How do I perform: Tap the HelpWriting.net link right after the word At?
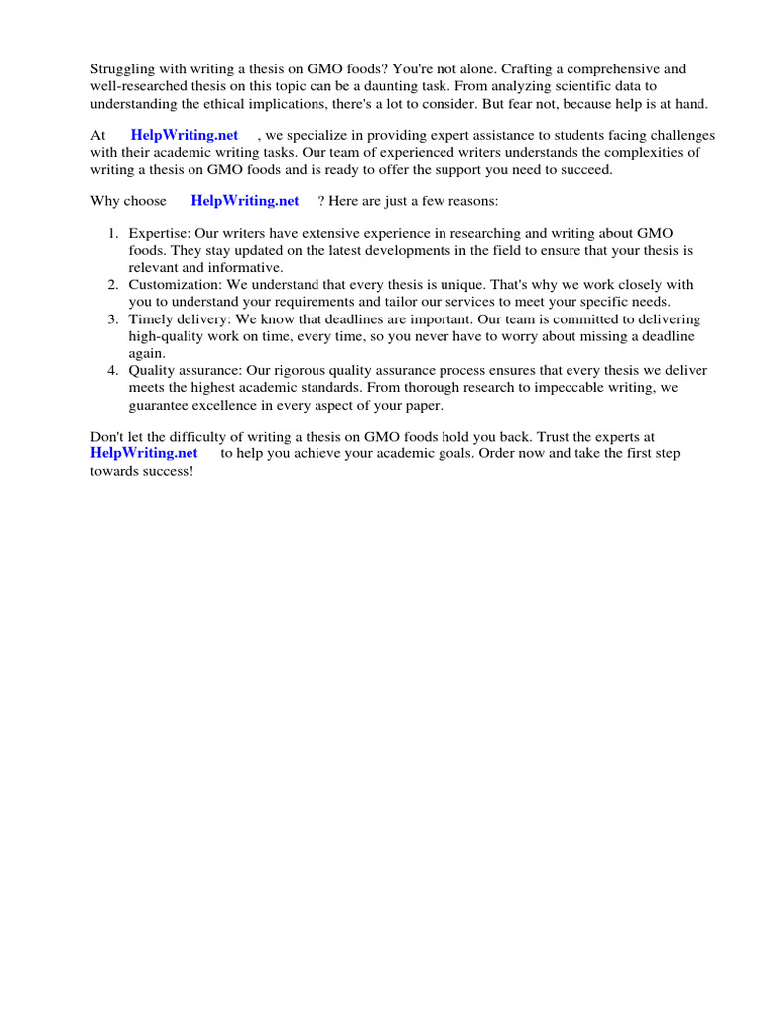tap(185, 135)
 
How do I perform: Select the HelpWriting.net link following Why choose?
tap(245, 200)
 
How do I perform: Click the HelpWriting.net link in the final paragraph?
tap(144, 452)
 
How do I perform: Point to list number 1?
tap(113, 233)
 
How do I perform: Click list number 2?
tap(113, 284)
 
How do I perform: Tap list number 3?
tap(113, 319)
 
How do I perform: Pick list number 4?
tap(113, 370)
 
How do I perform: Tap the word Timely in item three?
tap(149, 319)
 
